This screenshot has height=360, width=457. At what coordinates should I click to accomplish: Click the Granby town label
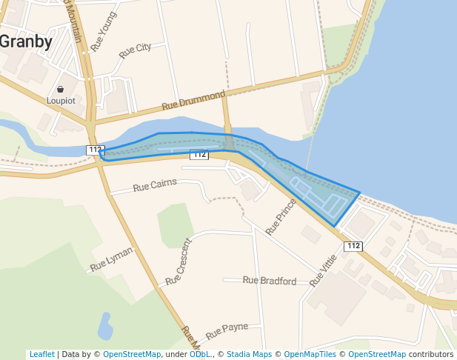[25, 41]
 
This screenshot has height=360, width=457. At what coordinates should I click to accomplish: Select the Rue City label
[135, 51]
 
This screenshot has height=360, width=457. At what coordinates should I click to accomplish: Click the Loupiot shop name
[61, 100]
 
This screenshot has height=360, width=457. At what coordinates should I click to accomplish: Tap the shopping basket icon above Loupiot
[60, 89]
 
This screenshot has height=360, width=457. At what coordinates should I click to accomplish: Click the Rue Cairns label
[155, 185]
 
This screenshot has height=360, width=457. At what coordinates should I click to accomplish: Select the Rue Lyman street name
[111, 259]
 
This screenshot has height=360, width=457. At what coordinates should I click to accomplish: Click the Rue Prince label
[281, 216]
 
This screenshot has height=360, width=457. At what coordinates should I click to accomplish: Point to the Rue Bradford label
[270, 281]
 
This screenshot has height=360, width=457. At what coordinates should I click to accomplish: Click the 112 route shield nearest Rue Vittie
[353, 246]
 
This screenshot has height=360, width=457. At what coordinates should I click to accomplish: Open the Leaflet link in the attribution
[42, 354]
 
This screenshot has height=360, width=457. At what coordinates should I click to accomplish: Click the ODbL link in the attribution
[199, 354]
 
